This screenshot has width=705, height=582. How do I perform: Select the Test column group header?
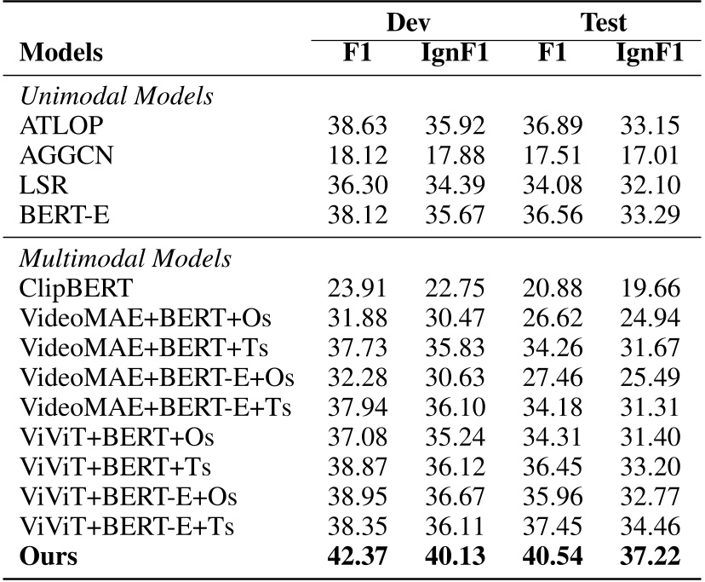point(604,22)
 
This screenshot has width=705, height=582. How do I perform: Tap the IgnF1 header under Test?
point(650,53)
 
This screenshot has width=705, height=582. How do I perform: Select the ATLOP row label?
point(51,127)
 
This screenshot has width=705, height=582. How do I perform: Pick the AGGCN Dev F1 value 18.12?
point(358,157)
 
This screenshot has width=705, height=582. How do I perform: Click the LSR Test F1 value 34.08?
point(552,187)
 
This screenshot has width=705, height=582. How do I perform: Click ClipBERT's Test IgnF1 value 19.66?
point(650,289)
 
